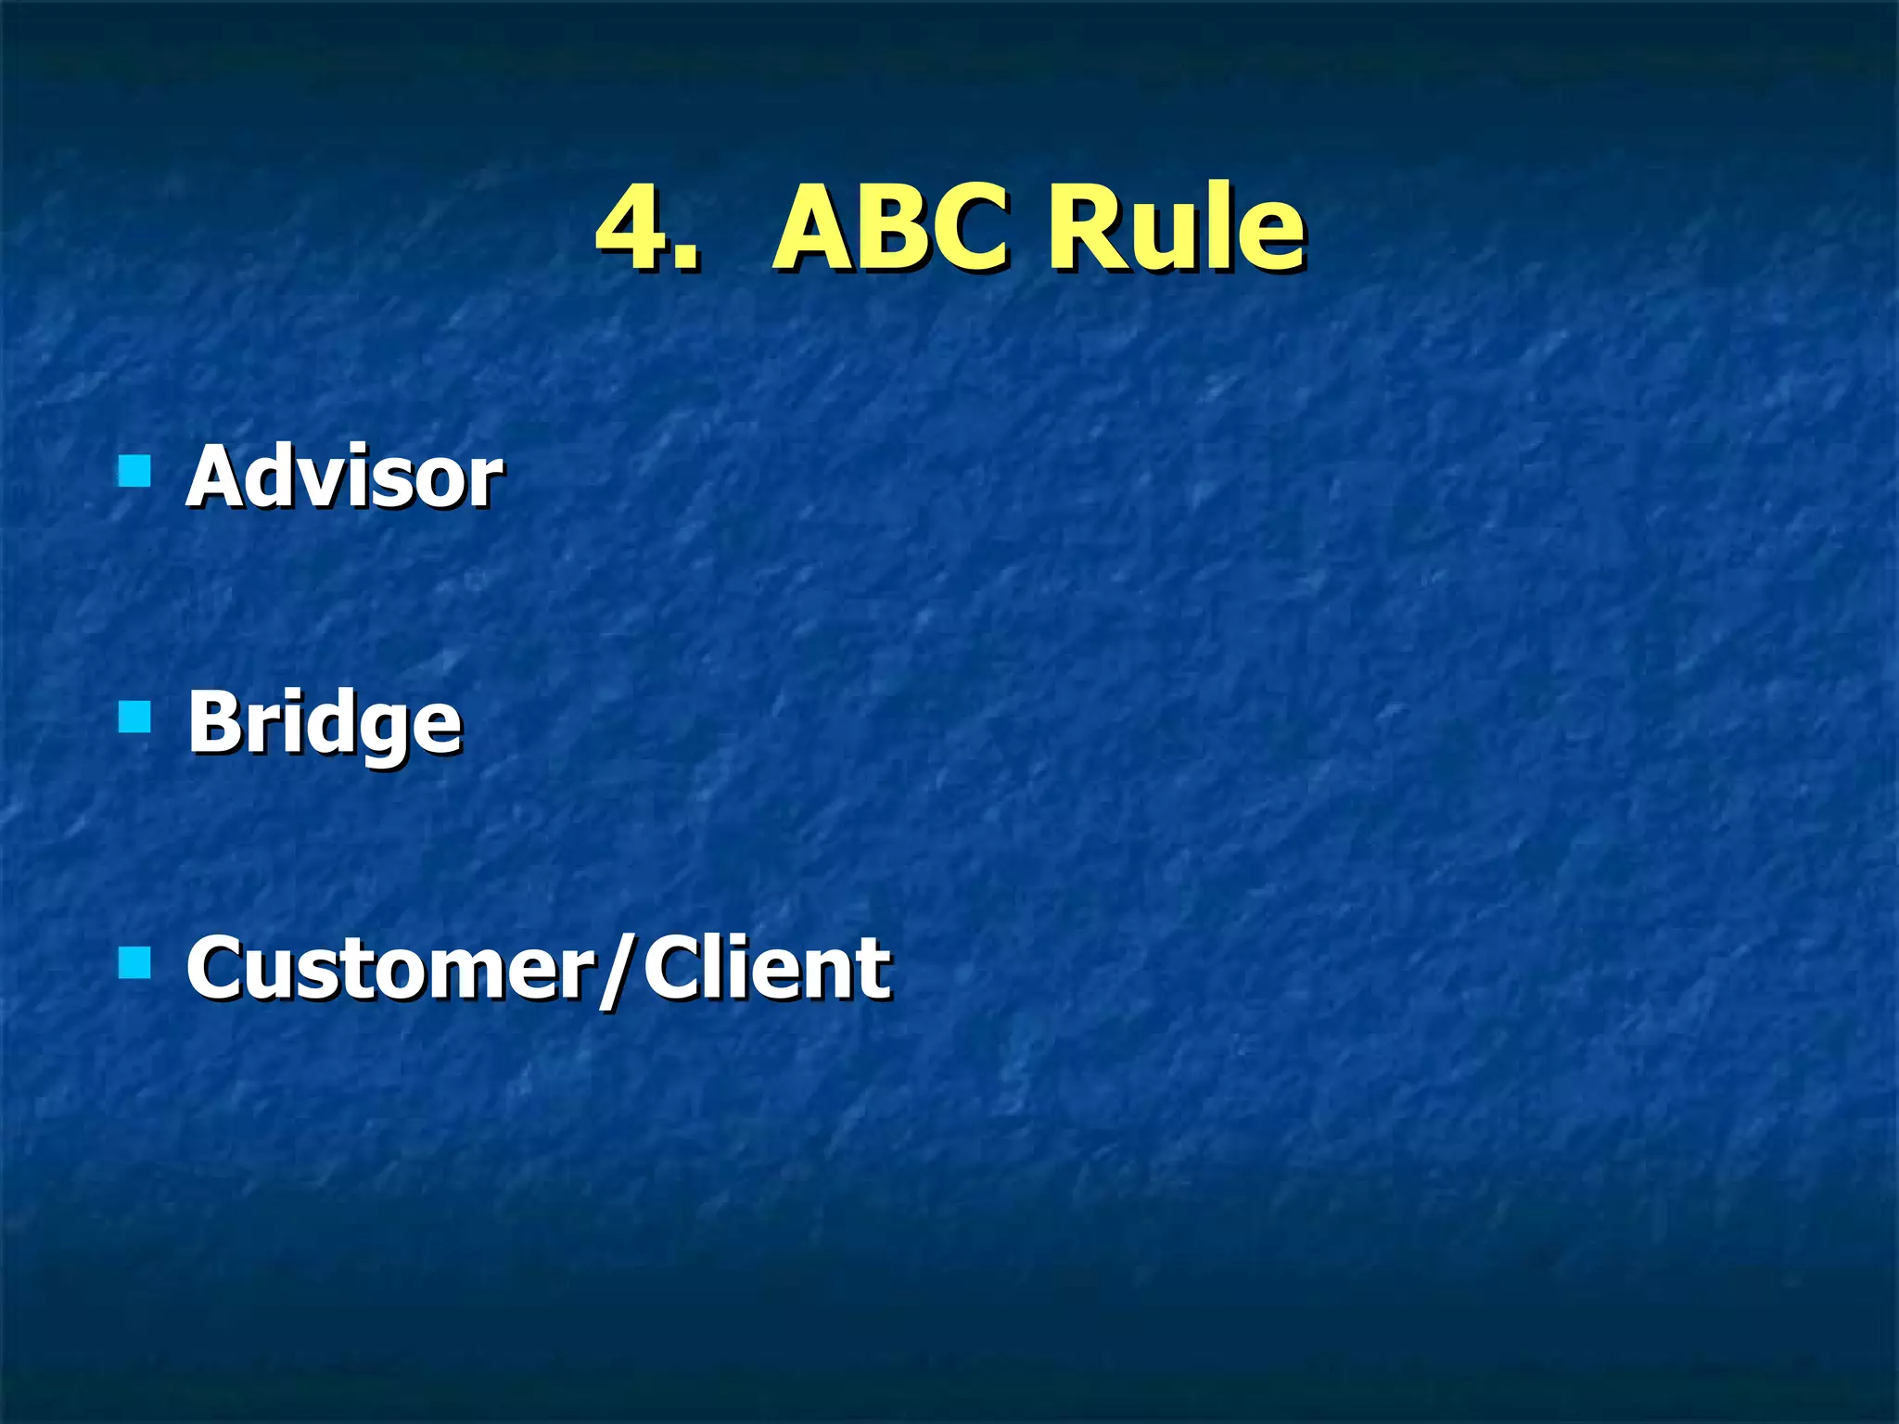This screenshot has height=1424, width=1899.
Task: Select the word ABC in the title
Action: pos(890,227)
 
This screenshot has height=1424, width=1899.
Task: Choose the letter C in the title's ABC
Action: pos(970,227)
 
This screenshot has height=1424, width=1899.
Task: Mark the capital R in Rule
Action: pos(1081,227)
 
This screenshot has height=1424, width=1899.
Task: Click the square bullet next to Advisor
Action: pos(135,471)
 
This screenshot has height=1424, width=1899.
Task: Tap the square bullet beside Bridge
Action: pos(135,717)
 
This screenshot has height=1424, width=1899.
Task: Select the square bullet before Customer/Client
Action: pos(135,963)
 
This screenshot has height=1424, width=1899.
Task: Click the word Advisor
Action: pos(344,477)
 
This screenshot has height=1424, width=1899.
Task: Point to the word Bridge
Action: pos(324,724)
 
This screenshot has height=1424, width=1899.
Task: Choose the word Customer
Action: pos(389,969)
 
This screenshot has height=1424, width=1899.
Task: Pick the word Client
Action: pos(767,969)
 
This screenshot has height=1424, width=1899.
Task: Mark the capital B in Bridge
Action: pos(214,722)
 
